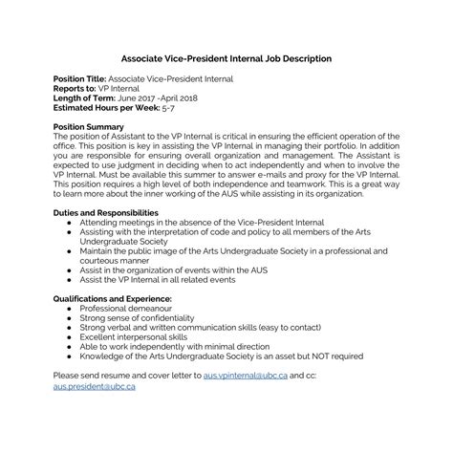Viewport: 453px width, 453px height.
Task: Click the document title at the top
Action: point(226,58)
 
